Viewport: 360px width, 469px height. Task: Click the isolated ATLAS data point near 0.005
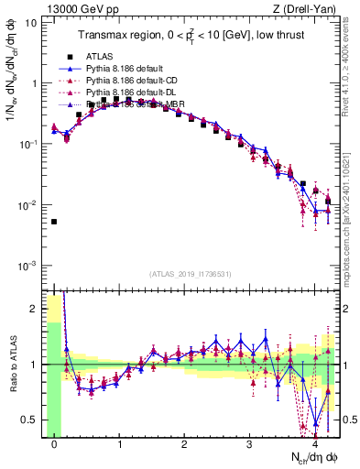click(x=54, y=222)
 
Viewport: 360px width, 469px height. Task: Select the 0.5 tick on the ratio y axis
click(x=30, y=420)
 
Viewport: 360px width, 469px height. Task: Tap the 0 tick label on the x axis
click(x=54, y=443)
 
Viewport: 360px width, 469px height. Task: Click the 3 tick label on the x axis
click(x=250, y=443)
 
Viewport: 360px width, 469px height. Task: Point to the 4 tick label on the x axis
click(x=315, y=443)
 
